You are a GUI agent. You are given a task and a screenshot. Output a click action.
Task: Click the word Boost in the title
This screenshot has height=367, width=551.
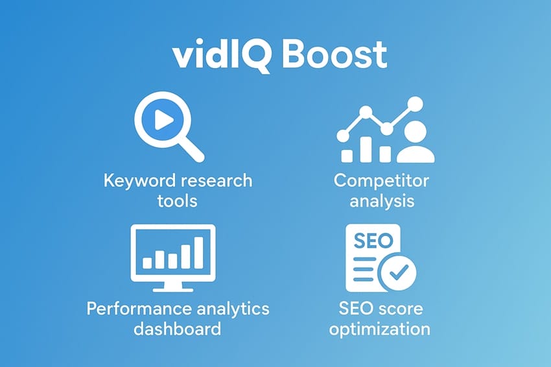click(334, 56)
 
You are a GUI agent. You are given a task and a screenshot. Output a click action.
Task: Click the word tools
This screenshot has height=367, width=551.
click(177, 200)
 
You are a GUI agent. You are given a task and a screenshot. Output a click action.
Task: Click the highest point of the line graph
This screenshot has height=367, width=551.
click(416, 102)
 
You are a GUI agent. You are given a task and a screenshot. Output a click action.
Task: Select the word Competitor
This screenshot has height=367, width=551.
click(381, 180)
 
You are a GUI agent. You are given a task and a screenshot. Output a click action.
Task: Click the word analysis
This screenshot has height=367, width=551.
click(381, 200)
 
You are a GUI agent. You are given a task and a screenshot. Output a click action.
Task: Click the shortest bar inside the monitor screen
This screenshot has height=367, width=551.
click(148, 262)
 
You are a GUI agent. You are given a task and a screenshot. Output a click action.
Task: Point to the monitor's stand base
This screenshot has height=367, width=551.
click(172, 288)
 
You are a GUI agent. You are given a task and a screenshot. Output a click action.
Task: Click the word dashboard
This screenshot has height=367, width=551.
click(177, 328)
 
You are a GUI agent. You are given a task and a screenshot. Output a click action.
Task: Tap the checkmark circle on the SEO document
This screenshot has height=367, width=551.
click(397, 274)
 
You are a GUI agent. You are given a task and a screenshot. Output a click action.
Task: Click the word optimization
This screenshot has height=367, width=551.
click(379, 328)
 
